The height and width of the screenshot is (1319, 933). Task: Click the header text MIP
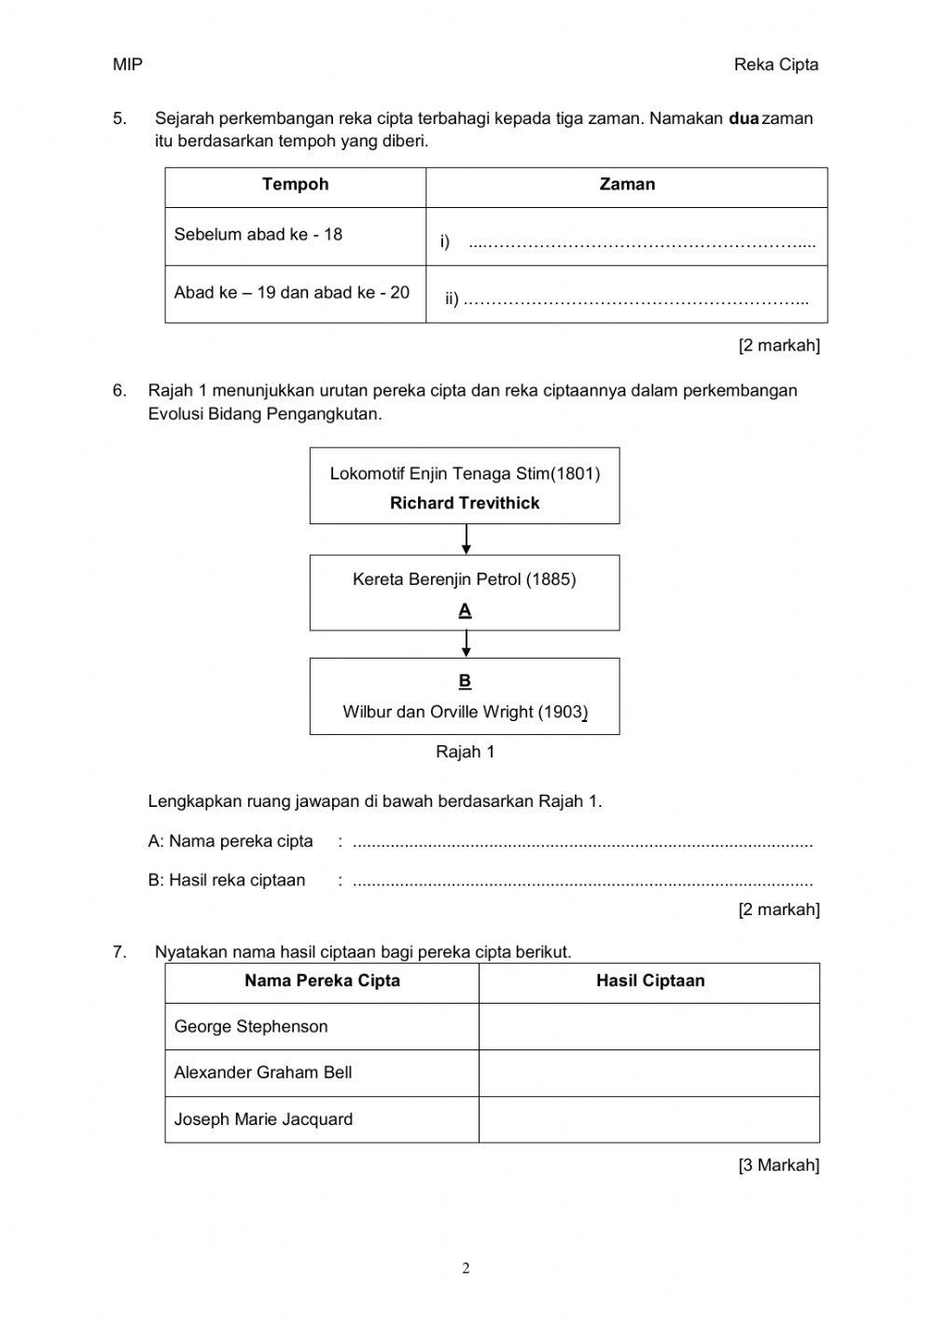pos(128,64)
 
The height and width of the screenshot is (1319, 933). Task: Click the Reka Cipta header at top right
pos(775,64)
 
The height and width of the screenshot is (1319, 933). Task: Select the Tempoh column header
pos(295,185)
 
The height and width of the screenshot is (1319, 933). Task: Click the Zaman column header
pos(627,185)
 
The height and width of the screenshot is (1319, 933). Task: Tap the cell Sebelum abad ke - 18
pos(258,235)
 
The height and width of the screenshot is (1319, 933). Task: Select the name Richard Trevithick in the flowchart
pos(465,504)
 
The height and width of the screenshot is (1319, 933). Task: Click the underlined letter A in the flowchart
pos(465,611)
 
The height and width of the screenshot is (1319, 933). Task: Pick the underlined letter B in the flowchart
pos(465,681)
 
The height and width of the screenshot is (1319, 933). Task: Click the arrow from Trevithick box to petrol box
pos(466,539)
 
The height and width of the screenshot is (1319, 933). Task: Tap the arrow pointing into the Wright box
pos(466,644)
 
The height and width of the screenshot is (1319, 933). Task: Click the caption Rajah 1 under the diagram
pos(465,752)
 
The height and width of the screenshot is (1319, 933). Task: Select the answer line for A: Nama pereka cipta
pos(583,843)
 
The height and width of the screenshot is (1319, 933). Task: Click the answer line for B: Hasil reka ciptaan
pos(583,882)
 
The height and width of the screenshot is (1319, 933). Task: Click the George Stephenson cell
pos(251,1027)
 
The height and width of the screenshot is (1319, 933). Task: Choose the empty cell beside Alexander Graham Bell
pos(648,1073)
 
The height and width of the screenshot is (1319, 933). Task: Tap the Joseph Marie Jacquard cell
pos(263,1119)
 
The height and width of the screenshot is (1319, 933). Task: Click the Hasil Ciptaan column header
pos(650,981)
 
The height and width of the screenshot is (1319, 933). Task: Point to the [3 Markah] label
pos(778,1165)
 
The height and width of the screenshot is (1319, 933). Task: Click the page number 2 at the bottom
pos(466,1269)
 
